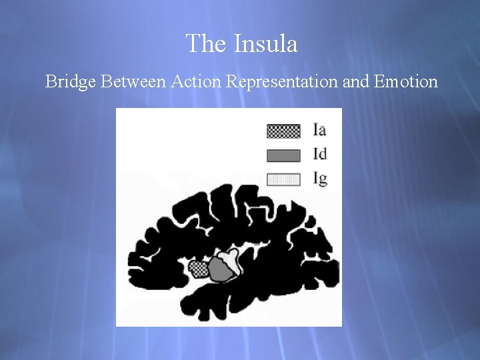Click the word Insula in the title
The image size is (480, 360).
[x=265, y=44]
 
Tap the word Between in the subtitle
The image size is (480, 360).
[x=134, y=82]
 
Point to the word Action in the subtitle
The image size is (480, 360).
[x=197, y=82]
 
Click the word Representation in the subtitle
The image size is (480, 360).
[x=283, y=82]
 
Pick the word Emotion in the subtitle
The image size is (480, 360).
[x=406, y=82]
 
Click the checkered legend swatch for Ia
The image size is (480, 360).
[x=283, y=131]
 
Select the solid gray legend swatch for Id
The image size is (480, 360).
[x=283, y=155]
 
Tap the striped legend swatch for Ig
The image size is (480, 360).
[x=283, y=179]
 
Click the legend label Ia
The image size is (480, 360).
[x=320, y=130]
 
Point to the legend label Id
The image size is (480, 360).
[x=320, y=155]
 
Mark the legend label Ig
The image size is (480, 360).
[x=320, y=179]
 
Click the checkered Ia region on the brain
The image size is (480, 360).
[x=198, y=269]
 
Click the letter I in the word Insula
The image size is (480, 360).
[x=237, y=44]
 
